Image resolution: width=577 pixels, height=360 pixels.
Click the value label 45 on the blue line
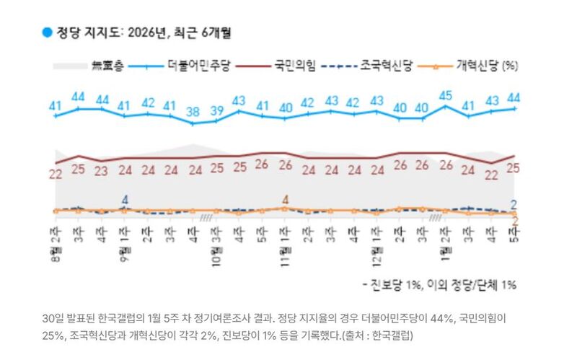446,95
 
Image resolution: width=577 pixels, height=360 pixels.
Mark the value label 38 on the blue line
193,112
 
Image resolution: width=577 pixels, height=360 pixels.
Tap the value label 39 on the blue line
216,110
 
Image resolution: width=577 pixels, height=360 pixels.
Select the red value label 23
102,171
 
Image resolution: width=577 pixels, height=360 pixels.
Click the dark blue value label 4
125,200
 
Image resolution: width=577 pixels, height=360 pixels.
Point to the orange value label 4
286,200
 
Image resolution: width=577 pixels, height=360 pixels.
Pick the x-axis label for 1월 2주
446,235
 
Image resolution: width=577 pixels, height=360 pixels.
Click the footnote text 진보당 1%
402,285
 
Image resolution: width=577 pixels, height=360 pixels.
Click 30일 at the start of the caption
54,318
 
